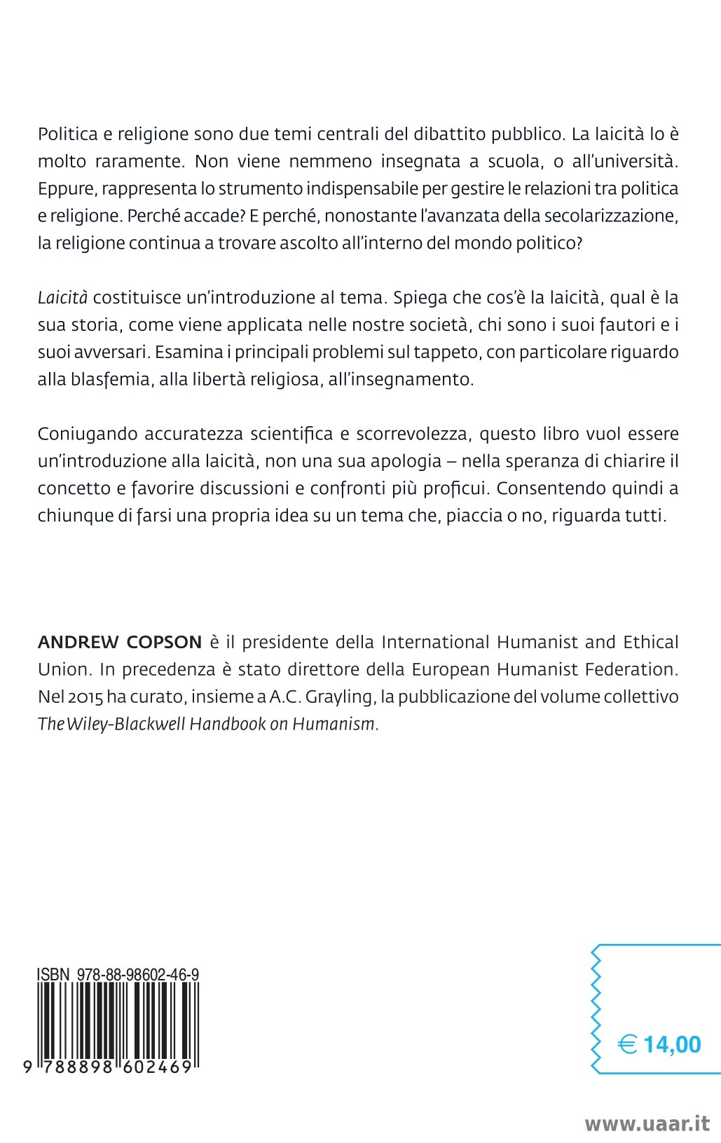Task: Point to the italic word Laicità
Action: [x=62, y=298]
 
